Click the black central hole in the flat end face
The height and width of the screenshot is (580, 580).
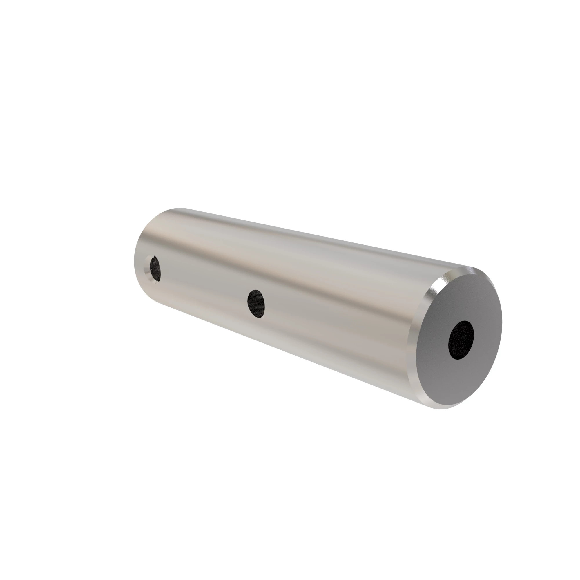click(x=461, y=340)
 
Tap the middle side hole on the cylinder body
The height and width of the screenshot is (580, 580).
click(x=256, y=304)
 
